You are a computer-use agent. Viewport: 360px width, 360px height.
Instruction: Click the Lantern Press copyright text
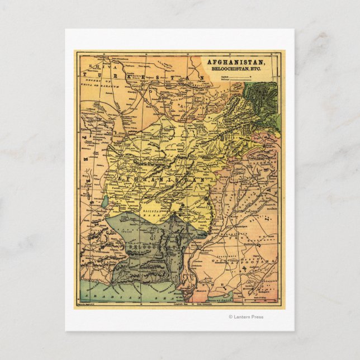[247, 317]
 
